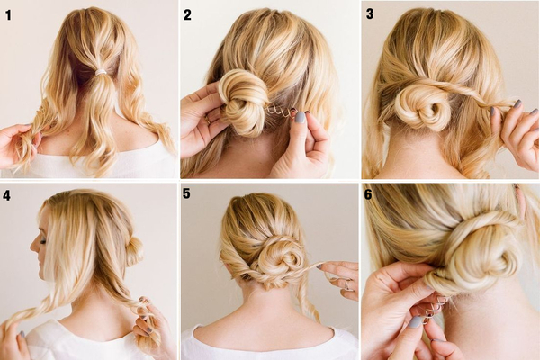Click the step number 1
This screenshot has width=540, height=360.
[8, 15]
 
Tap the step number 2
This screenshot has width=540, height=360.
[187, 15]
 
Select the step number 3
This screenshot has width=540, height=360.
[370, 14]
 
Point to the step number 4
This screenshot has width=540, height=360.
[6, 195]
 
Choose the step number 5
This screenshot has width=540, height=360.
[186, 193]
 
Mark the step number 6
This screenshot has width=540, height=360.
[368, 194]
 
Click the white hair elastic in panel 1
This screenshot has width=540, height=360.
[101, 72]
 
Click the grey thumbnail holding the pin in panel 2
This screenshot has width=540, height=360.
[300, 117]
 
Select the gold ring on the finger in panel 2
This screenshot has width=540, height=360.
[209, 119]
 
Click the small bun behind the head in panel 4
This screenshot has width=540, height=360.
[135, 251]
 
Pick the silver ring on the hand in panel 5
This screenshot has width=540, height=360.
[347, 285]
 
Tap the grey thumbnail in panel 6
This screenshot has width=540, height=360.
[415, 322]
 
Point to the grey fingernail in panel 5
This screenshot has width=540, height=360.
[319, 266]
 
